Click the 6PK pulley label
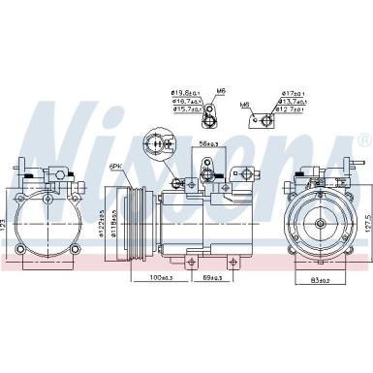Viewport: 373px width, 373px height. (117, 166)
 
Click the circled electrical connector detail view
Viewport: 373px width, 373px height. (155, 146)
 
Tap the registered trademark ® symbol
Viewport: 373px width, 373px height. (363, 141)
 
